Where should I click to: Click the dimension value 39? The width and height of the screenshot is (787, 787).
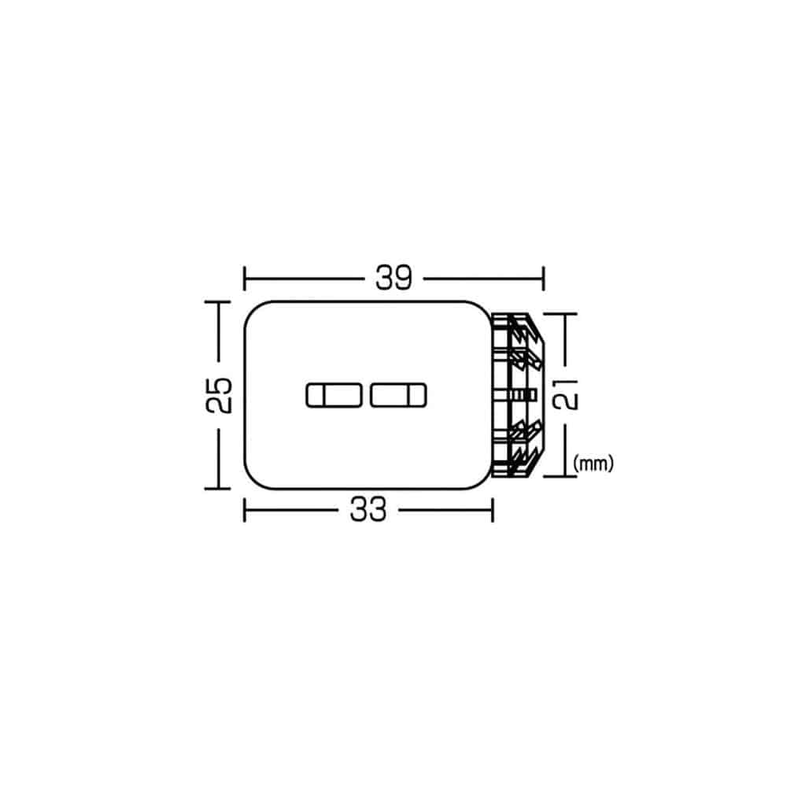[x=394, y=278]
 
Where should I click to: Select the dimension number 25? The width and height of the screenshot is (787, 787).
[x=220, y=395]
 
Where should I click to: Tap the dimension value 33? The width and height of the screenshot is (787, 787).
[x=368, y=509]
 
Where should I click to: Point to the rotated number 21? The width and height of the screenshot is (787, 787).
[x=565, y=394]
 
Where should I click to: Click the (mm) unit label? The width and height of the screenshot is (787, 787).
[x=593, y=464]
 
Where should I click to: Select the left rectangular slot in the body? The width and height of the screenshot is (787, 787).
[x=334, y=396]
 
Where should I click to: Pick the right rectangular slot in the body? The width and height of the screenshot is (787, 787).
[x=398, y=396]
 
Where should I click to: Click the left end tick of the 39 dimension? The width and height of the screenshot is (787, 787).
[x=245, y=279]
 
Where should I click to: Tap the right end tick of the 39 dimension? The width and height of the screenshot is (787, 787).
[x=544, y=279]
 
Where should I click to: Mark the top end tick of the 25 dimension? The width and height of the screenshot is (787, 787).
[x=217, y=302]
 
